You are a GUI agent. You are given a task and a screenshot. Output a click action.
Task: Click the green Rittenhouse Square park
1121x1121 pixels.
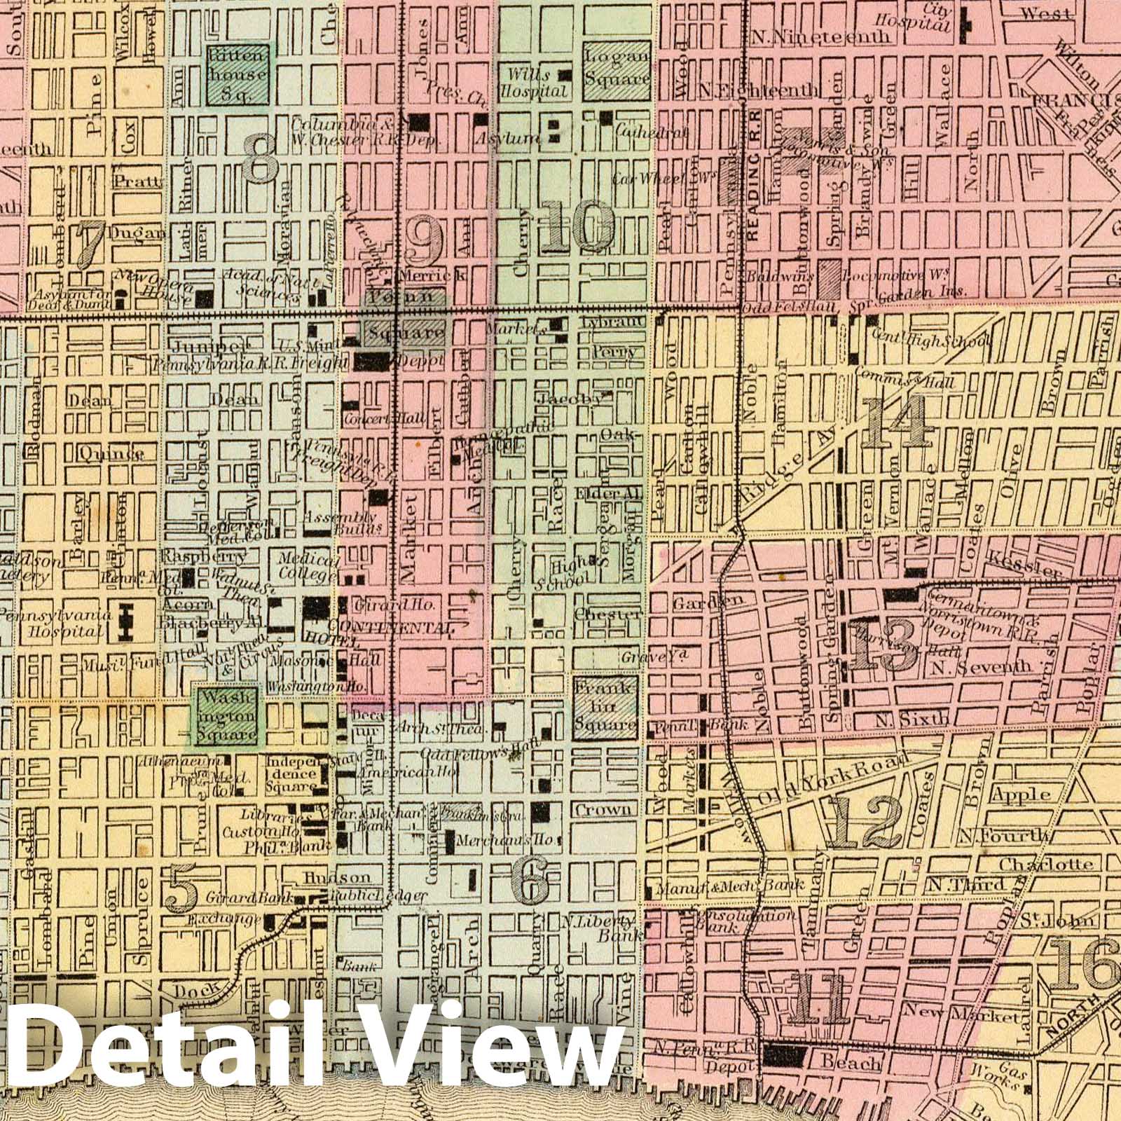[x=238, y=74]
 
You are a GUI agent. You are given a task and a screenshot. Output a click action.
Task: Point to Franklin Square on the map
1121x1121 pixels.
[x=605, y=705]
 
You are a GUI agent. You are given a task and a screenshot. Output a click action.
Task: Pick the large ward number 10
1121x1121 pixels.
[x=579, y=226]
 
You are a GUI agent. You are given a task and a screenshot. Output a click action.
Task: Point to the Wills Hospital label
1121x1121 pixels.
[x=534, y=83]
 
